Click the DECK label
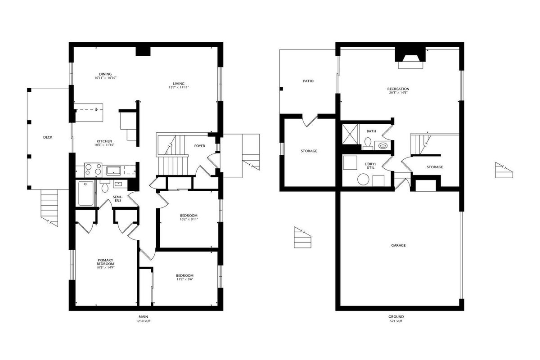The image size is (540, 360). (48, 137)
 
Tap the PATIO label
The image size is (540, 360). (308, 81)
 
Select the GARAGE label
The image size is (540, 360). (398, 245)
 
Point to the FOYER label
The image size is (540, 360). (200, 146)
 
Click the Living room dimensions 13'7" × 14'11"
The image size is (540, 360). (179, 88)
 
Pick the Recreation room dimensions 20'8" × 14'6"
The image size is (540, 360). (398, 93)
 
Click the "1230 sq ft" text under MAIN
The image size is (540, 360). (144, 321)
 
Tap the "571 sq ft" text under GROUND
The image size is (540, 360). (396, 321)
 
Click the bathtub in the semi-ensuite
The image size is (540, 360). (86, 193)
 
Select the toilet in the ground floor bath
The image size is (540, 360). (368, 144)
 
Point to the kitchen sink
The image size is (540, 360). (113, 171)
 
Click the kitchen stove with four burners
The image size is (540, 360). (93, 169)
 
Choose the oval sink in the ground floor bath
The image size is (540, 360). (382, 146)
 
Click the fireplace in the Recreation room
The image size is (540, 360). (410, 58)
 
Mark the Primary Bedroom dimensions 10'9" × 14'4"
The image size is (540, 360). (105, 267)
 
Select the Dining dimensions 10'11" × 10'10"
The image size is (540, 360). (106, 78)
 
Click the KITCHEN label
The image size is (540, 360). (104, 141)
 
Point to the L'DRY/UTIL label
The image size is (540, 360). (370, 166)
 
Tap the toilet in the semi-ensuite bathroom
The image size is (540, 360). (105, 186)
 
